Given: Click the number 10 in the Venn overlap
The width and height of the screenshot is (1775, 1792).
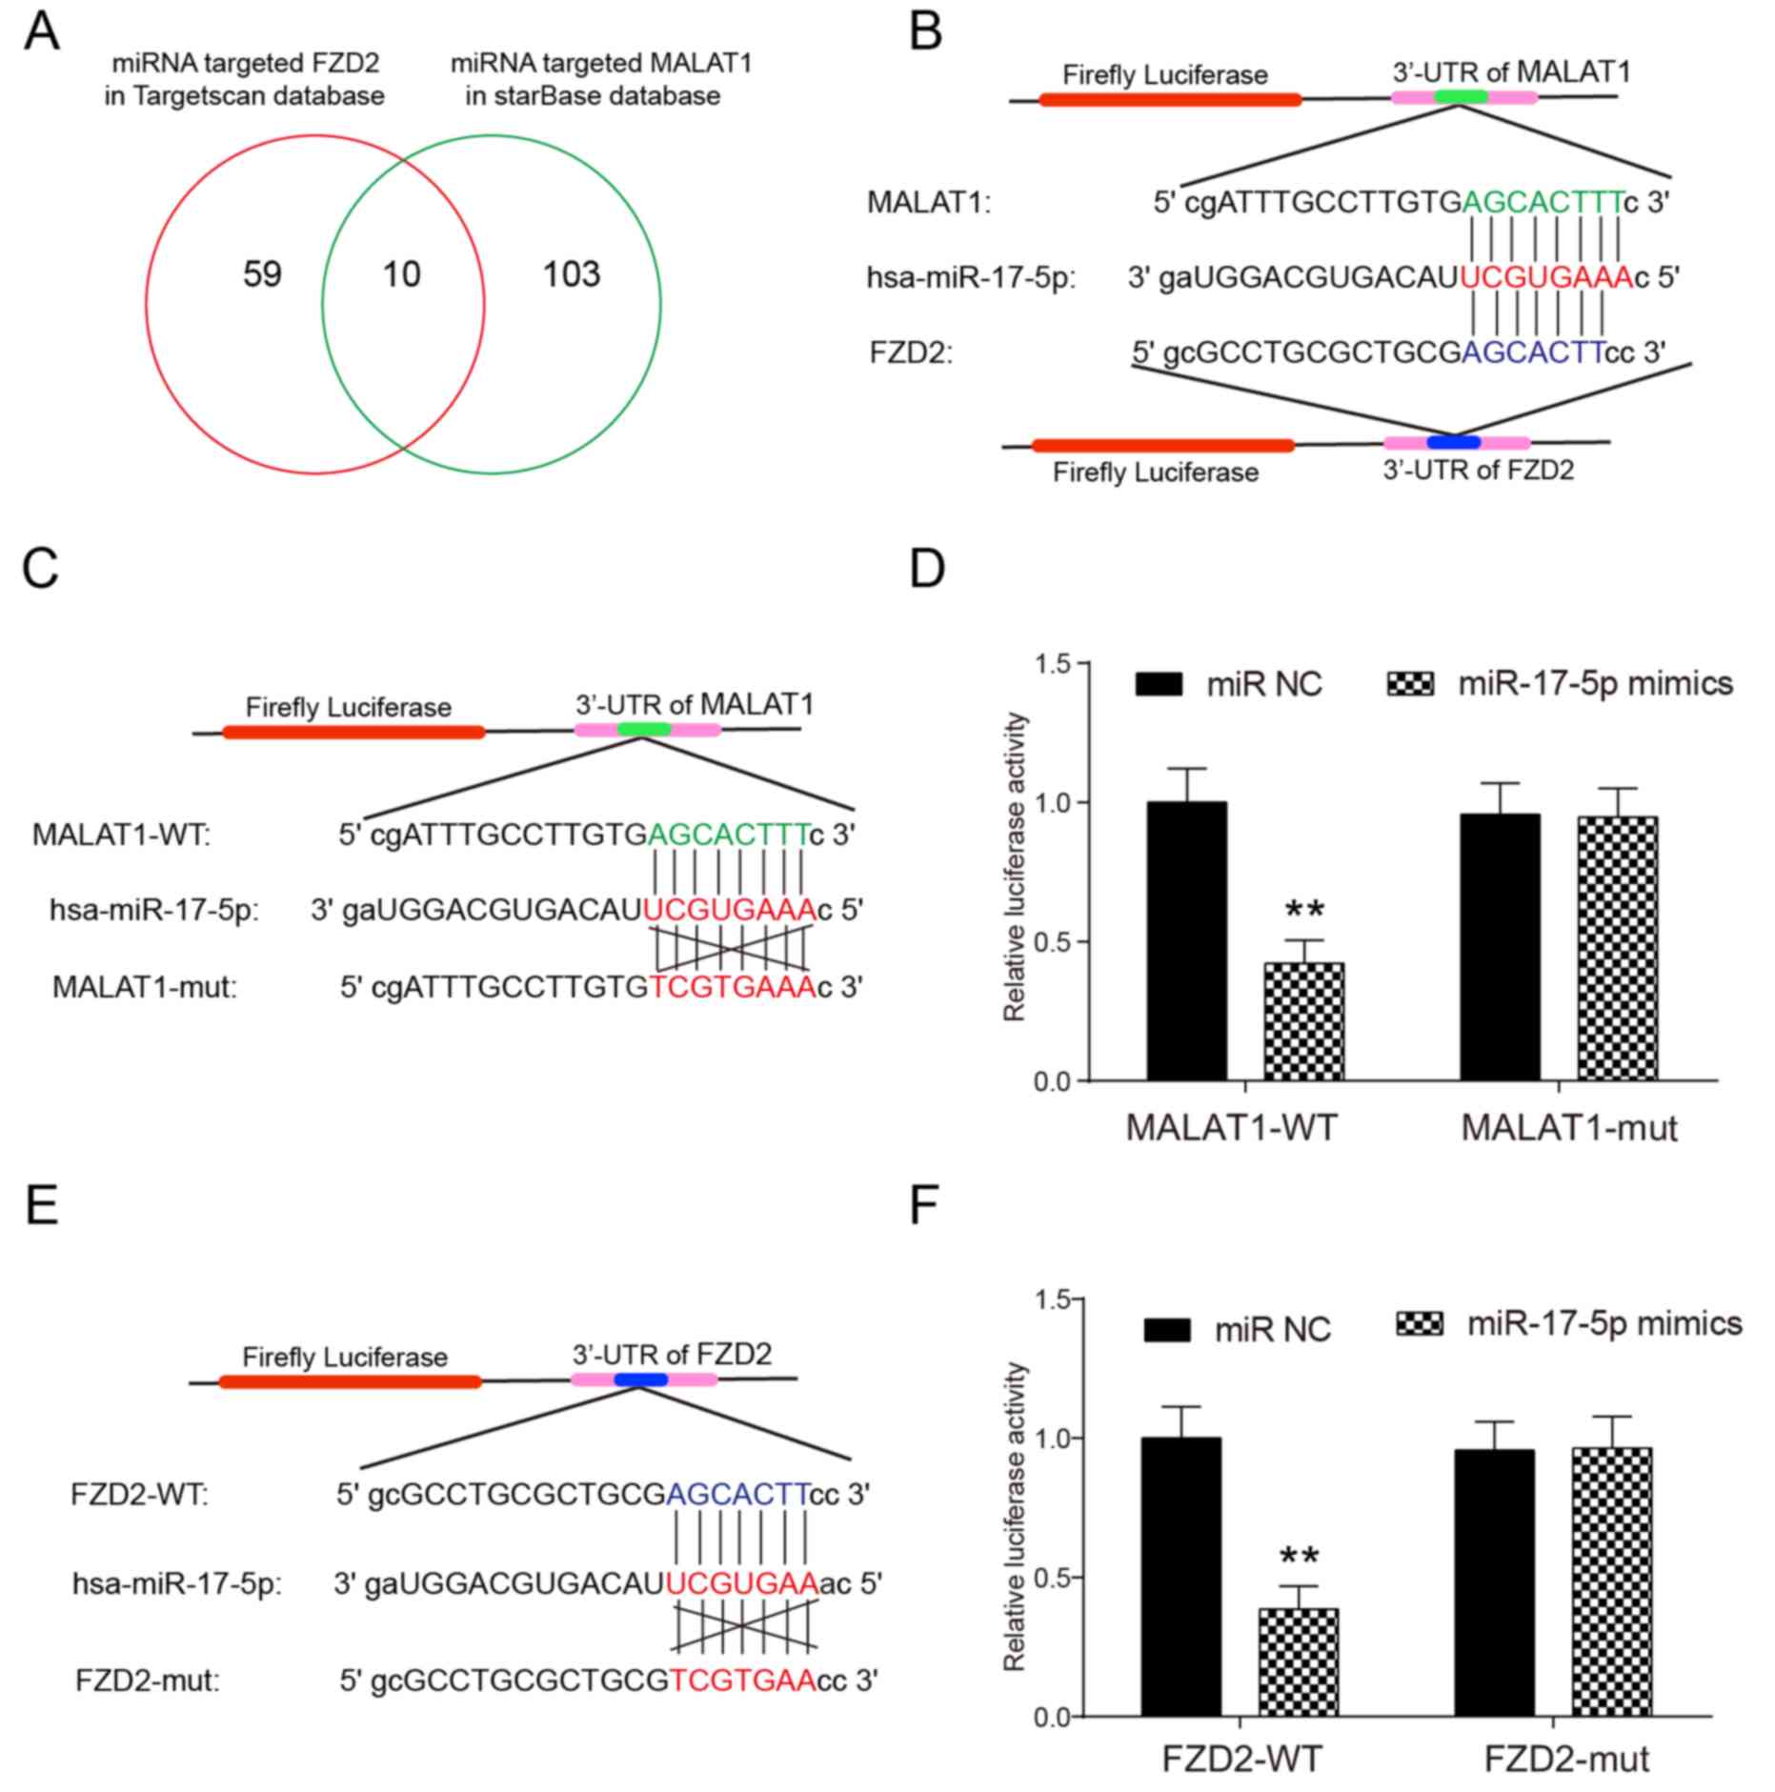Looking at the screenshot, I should click(x=401, y=274).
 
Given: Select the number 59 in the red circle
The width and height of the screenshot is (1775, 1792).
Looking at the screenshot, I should click(x=262, y=274).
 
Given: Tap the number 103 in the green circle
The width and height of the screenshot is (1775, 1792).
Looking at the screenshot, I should click(x=572, y=274).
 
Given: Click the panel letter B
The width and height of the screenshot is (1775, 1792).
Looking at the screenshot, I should click(x=926, y=31).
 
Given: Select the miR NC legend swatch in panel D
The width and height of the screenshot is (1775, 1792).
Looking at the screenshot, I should click(x=1159, y=684).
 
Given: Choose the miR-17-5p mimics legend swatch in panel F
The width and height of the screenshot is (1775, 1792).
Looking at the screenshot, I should click(x=1420, y=1324).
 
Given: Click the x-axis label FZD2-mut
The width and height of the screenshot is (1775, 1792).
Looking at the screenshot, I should click(x=1567, y=1759).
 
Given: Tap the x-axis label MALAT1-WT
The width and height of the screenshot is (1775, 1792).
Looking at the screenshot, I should click(x=1231, y=1128).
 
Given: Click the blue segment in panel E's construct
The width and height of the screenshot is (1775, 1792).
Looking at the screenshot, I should click(x=640, y=1379).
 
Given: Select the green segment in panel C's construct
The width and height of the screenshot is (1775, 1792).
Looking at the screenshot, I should click(x=644, y=730).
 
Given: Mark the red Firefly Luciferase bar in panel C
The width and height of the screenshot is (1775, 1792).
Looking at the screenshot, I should click(x=353, y=732).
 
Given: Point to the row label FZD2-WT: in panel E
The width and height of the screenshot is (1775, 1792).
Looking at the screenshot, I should click(x=139, y=1494).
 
